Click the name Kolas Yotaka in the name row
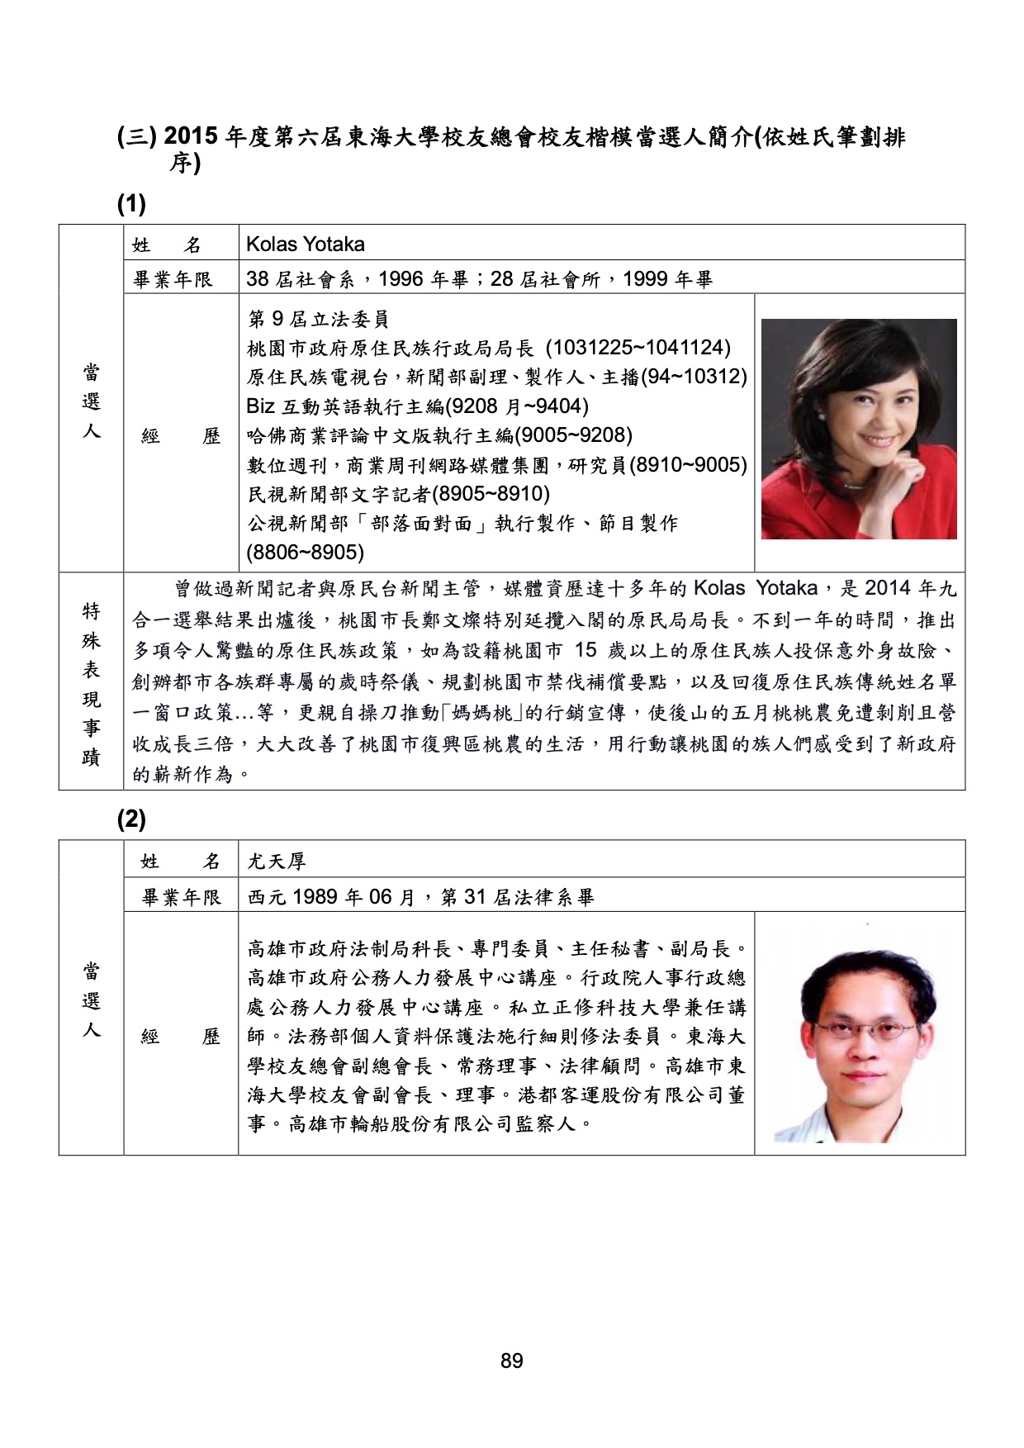coord(306,244)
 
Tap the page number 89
coord(511,1360)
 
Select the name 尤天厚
coord(277,862)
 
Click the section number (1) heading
coord(131,204)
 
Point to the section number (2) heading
coord(131,819)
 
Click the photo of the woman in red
coord(859,430)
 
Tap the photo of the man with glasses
coord(859,1034)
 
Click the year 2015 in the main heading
coord(192,136)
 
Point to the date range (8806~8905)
coord(306,552)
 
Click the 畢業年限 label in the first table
coord(173,279)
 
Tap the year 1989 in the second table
coord(313,897)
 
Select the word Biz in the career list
coord(261,406)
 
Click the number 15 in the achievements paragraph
coord(585,651)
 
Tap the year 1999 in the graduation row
coord(646,279)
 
